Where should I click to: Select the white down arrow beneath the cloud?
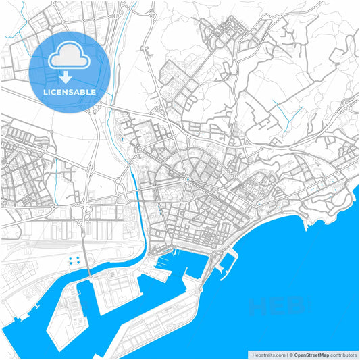(x=66, y=76)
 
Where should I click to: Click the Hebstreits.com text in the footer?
(x=268, y=354)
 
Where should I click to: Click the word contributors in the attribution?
(x=344, y=354)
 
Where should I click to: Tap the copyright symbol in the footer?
(x=290, y=354)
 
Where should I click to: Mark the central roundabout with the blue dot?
(x=187, y=179)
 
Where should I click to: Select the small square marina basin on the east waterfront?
(x=228, y=259)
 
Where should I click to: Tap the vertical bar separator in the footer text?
(x=286, y=354)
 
